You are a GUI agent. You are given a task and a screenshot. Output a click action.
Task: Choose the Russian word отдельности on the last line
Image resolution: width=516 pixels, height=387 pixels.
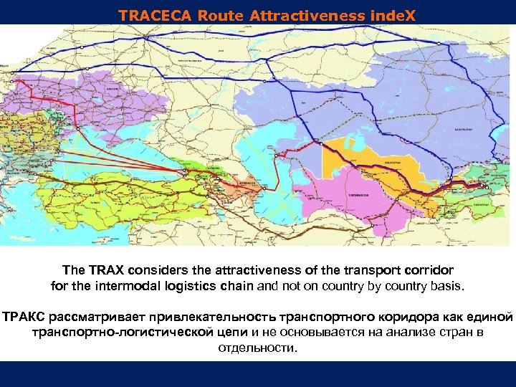tap(256, 348)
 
